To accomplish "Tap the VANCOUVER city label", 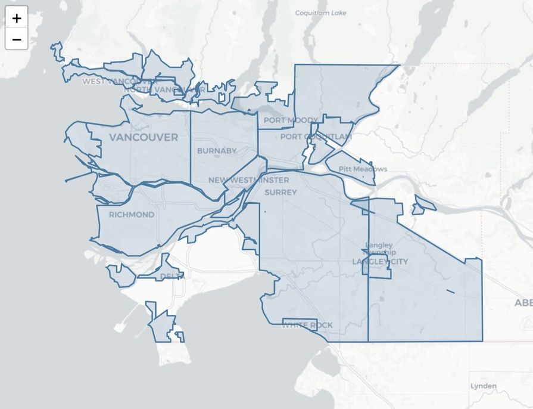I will (144, 138).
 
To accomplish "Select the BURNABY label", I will (217, 151).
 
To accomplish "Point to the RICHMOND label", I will (132, 215).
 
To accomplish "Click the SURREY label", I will (280, 193).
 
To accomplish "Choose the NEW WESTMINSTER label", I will (248, 180).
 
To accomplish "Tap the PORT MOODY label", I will (291, 120).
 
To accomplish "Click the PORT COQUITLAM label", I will (316, 137).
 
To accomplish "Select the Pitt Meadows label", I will (363, 169).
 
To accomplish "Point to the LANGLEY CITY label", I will (380, 262).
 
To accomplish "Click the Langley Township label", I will (379, 249).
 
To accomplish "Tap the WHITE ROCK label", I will (307, 326).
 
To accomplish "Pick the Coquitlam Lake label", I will (320, 13).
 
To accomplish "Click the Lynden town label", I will (483, 386).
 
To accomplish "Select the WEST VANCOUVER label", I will (117, 81).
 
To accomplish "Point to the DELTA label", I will (171, 276).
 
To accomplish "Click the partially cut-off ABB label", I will (523, 303).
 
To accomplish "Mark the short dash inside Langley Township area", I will (450, 291).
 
